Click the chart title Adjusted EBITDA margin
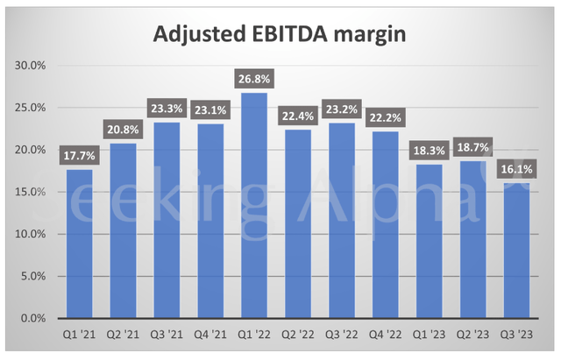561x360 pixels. [x=280, y=34]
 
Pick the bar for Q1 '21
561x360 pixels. [x=79, y=244]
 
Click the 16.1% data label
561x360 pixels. [x=515, y=168]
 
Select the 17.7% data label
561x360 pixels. [x=79, y=155]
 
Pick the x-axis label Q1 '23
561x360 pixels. [x=430, y=335]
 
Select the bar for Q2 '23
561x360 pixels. [x=472, y=240]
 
